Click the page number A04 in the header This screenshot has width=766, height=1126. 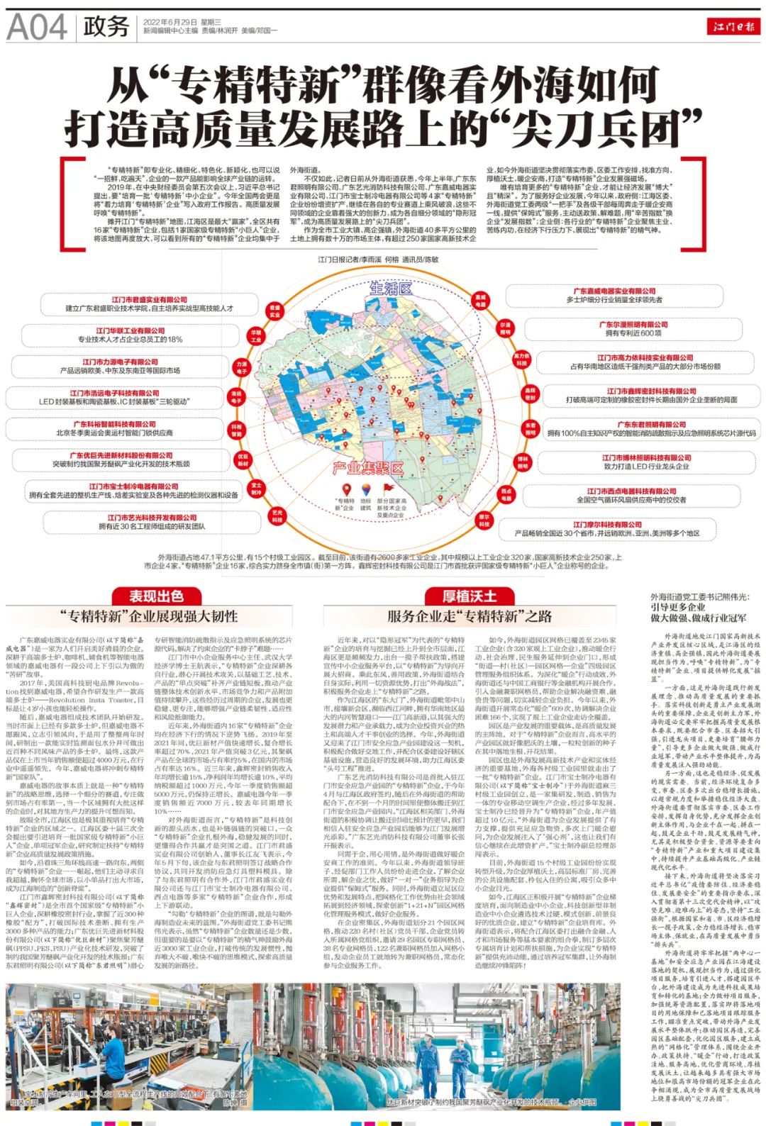tap(37, 27)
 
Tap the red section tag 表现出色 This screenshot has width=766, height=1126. tap(156, 596)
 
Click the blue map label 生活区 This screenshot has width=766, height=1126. tap(391, 289)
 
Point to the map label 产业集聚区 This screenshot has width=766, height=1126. tap(368, 468)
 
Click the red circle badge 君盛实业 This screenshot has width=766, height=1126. tap(274, 311)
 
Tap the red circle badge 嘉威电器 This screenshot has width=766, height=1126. tap(480, 301)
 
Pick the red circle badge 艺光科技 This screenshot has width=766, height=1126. tap(277, 516)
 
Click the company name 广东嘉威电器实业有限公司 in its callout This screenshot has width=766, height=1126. tap(614, 291)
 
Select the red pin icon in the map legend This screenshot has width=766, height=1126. tap(347, 489)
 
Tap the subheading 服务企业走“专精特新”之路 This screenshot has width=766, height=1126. tap(470, 616)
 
